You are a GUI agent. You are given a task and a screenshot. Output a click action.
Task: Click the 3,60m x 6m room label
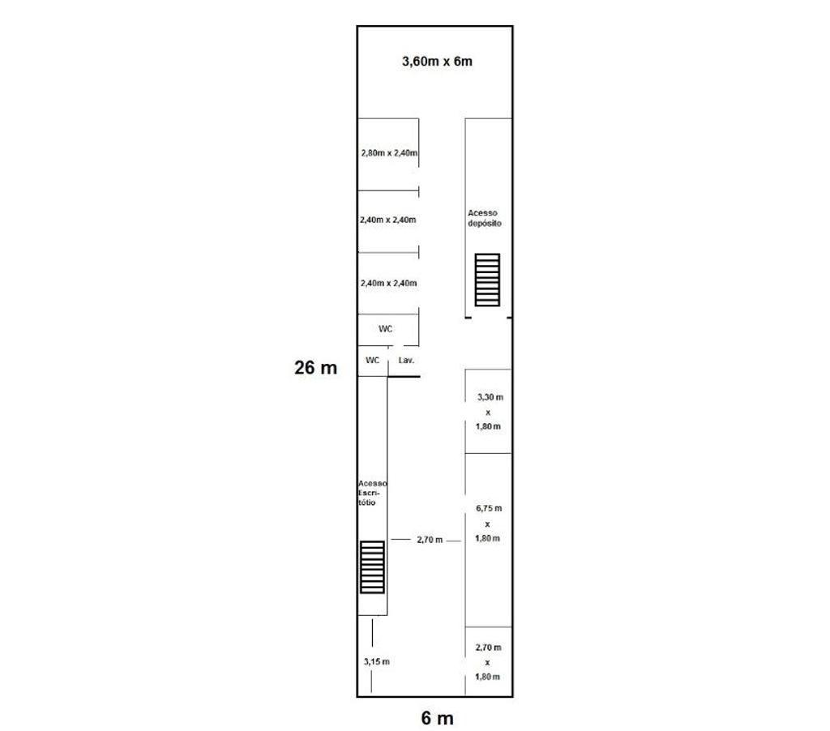(x=437, y=62)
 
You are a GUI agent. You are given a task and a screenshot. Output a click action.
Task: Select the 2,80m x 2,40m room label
(x=389, y=153)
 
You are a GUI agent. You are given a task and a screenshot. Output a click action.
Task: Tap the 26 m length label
(x=315, y=367)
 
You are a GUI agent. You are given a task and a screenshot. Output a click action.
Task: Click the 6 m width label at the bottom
(x=437, y=718)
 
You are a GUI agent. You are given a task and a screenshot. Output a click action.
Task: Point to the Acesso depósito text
(x=485, y=218)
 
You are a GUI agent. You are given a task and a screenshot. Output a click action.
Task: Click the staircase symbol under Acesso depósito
(x=487, y=280)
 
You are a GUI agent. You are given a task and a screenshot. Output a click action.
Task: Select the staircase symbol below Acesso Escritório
(x=372, y=567)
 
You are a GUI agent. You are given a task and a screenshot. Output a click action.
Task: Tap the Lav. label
(x=406, y=360)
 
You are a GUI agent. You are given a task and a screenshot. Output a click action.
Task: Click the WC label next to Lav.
(x=373, y=360)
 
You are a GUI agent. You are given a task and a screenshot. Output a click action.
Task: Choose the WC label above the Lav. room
(x=385, y=329)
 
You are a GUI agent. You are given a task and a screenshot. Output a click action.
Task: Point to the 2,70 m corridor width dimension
(x=430, y=540)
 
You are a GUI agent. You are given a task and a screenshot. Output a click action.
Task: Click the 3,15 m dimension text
(x=376, y=661)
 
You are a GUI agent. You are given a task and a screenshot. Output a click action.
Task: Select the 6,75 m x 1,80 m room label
(x=488, y=523)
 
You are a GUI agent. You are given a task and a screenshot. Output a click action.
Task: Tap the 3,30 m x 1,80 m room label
(x=489, y=411)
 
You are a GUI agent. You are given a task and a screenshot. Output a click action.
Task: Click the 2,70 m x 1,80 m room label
(x=487, y=661)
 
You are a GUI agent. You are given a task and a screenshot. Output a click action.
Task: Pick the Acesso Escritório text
(x=372, y=493)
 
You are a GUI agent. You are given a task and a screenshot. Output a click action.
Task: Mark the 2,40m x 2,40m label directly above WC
(x=388, y=283)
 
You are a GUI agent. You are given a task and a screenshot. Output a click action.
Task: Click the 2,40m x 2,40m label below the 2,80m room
(x=388, y=220)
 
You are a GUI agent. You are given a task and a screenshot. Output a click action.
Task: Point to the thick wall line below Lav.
(x=404, y=376)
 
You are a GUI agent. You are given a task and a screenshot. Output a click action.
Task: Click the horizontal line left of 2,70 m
(x=400, y=540)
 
